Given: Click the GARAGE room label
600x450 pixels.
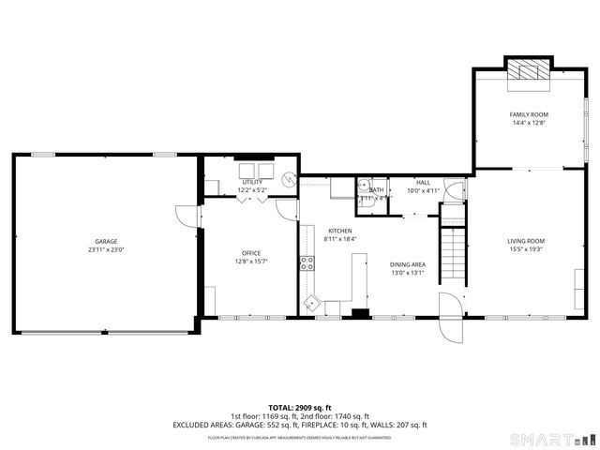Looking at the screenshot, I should tap(106, 241).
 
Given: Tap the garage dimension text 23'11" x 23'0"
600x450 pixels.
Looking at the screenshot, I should tap(106, 249).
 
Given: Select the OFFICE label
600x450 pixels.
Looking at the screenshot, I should tap(251, 253).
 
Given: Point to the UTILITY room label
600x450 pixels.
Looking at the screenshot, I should tap(251, 182).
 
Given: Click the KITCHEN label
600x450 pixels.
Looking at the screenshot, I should tap(339, 231).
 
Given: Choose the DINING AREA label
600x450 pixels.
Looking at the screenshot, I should tap(408, 264).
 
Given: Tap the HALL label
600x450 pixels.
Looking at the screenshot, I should tap(423, 182).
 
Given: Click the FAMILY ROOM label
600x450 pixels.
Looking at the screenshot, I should tap(529, 114).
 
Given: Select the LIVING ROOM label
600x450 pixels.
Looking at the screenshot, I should tap(526, 241).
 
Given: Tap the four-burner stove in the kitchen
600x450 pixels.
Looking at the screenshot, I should tap(307, 263).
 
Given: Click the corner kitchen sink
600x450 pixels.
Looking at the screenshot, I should tap(310, 303).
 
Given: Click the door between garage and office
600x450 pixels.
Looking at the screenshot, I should tap(191, 216).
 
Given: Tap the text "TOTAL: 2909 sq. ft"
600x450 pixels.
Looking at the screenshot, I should tap(299, 408).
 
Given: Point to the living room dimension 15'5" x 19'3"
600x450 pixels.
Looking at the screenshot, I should tap(526, 249).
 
